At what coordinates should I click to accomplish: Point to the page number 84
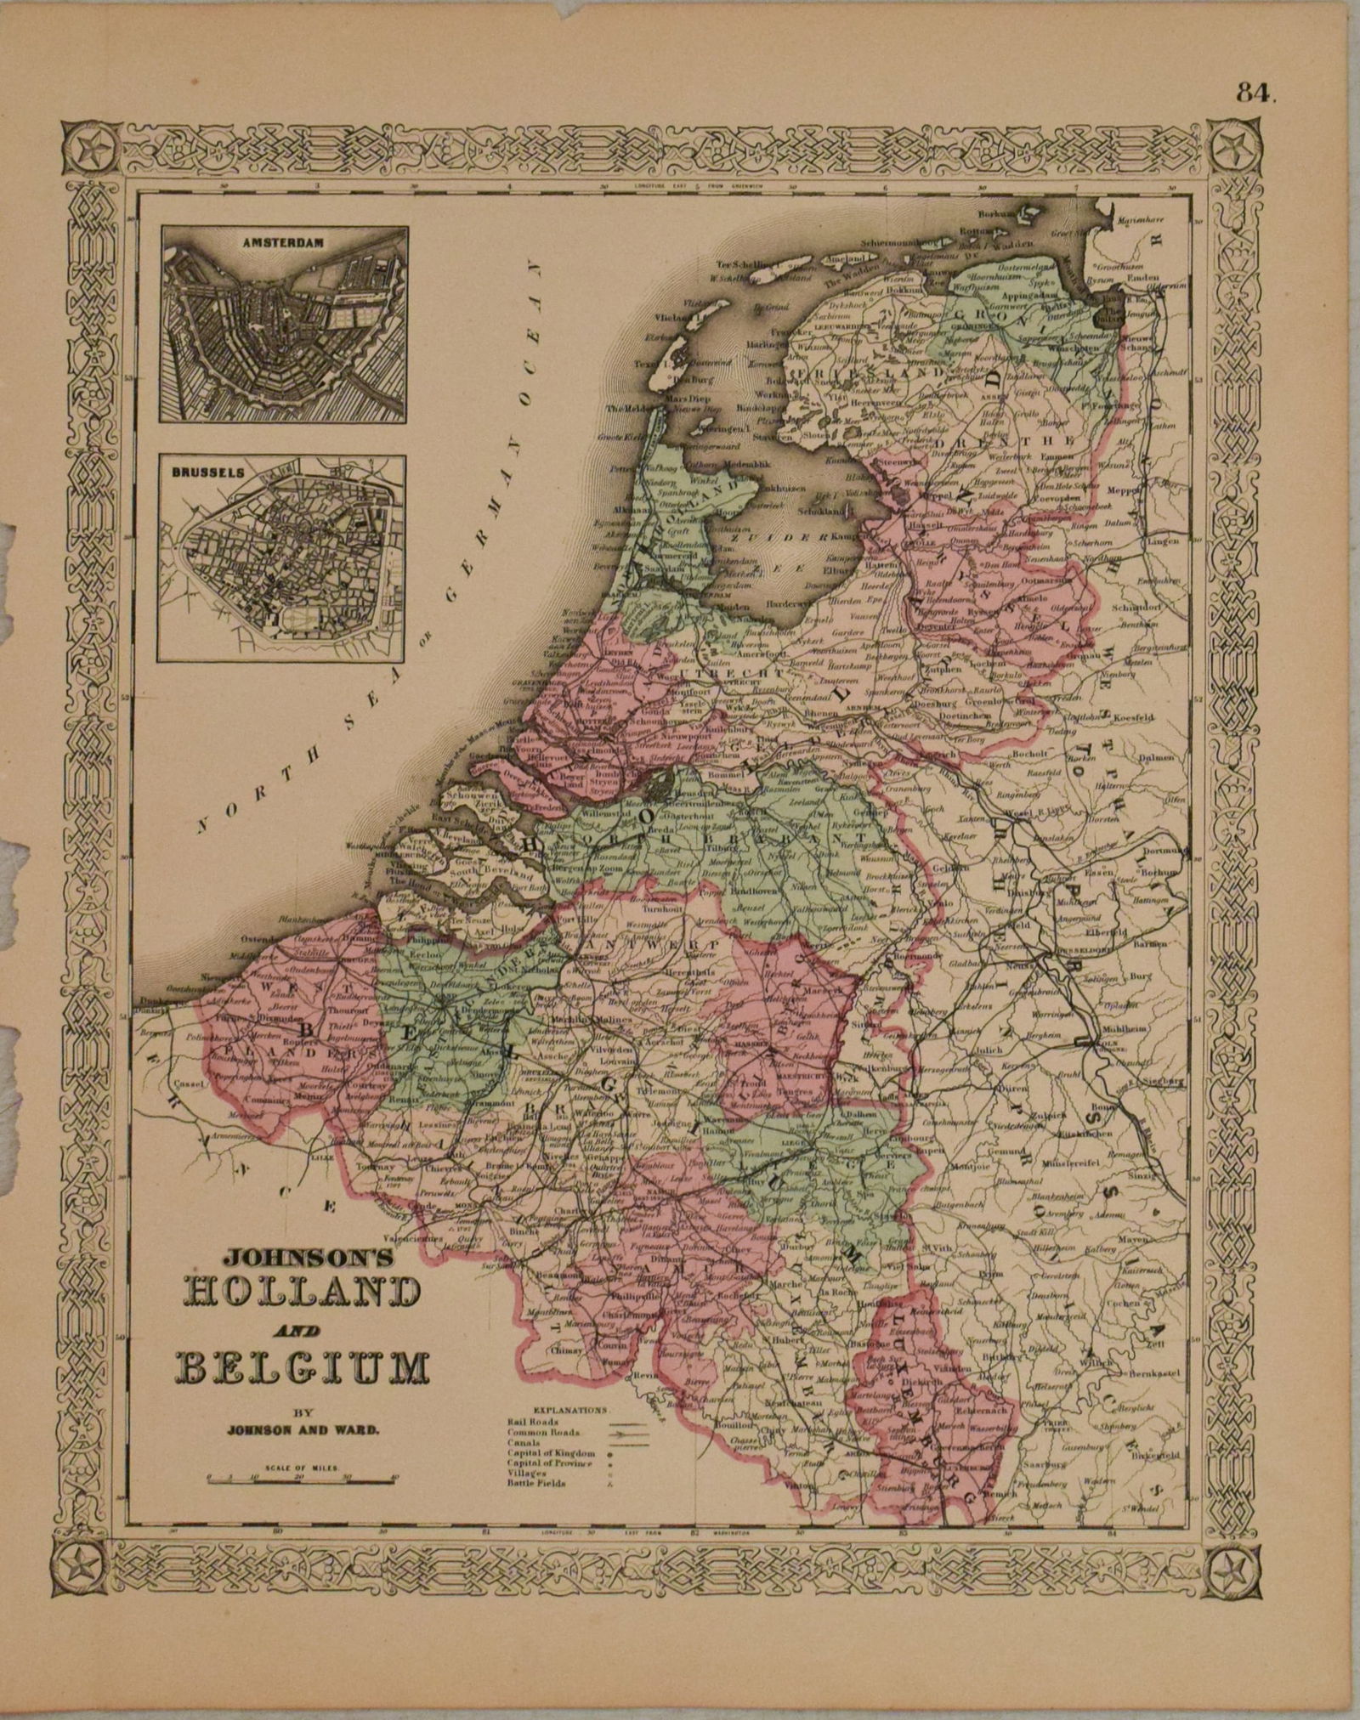[x=1256, y=94]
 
